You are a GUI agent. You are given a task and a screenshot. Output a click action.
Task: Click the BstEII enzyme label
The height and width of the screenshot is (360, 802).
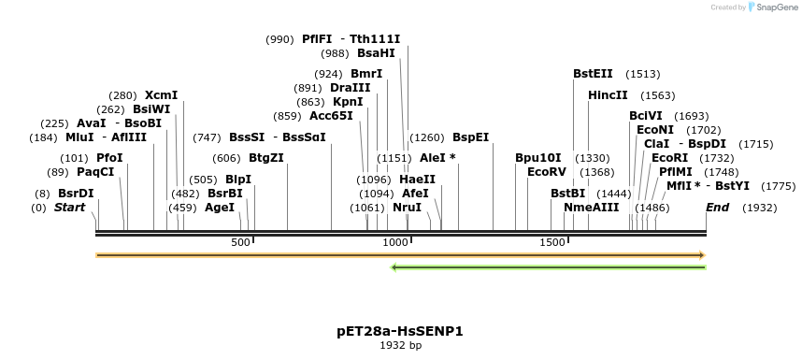click(593, 74)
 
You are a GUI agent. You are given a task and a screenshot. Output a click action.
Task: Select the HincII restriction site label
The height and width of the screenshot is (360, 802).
click(608, 95)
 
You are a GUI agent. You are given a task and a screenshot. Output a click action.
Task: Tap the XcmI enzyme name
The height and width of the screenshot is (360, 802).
click(161, 95)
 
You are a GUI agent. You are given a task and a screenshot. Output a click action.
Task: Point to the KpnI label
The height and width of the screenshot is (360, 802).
click(348, 102)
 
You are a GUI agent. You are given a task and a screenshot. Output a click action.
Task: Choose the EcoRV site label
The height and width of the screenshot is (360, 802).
click(547, 173)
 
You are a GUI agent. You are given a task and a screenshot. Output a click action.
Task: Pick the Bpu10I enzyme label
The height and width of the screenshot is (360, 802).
click(538, 158)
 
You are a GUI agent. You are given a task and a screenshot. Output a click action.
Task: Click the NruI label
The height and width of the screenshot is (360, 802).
click(407, 208)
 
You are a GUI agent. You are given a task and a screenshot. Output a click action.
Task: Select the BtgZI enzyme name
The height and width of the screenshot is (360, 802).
click(265, 158)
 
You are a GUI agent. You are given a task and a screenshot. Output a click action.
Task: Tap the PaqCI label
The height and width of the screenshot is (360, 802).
click(95, 173)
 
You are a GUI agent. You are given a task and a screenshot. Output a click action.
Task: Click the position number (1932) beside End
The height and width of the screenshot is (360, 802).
click(759, 208)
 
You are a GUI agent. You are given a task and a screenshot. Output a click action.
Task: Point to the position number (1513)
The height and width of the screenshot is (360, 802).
click(643, 74)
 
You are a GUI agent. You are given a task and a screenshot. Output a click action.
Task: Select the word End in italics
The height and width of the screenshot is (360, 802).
click(717, 208)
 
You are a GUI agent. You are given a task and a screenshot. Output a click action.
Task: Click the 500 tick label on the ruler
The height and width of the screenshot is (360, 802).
click(241, 243)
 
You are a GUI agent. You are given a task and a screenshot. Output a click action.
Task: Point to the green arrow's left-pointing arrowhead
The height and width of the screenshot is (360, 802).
click(395, 267)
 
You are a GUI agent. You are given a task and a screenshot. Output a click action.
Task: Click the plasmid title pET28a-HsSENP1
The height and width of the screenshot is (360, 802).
click(400, 331)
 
